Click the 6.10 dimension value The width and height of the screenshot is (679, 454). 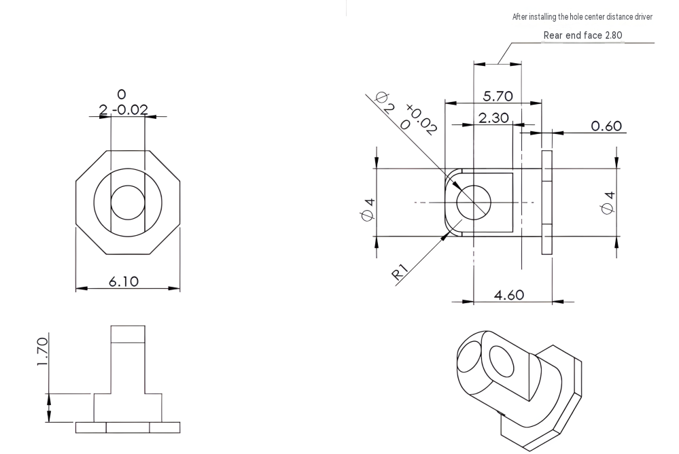pos(124,281)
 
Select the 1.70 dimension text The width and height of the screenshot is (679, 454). pos(42,352)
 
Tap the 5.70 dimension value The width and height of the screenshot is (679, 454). pos(498,97)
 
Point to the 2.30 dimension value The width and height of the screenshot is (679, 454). pos(493,118)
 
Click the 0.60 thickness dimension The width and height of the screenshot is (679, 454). pos(606,126)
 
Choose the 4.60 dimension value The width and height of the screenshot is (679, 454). pos(509,295)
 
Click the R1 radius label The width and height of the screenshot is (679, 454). pos(400,273)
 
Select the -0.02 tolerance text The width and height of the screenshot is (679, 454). pos(130,109)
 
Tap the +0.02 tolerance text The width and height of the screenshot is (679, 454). pos(421,119)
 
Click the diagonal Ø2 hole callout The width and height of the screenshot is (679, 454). pos(385,101)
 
